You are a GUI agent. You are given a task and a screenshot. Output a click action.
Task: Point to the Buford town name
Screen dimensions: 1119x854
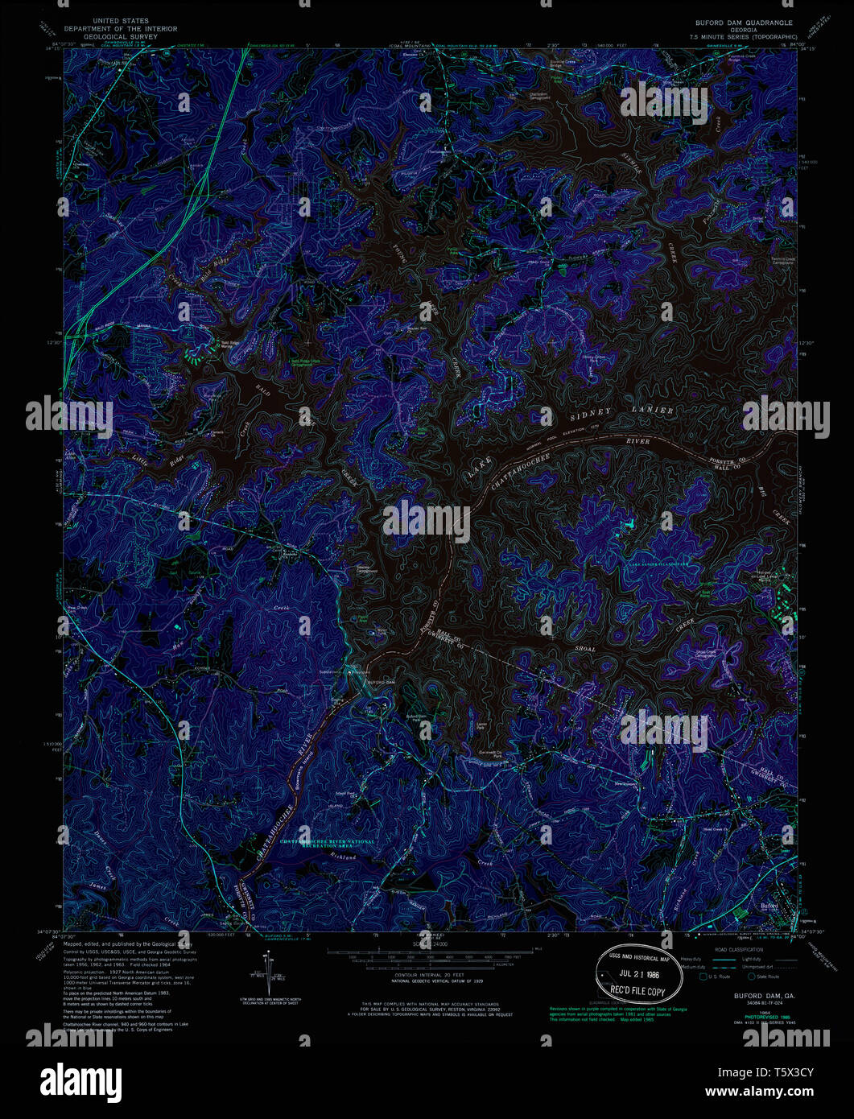770,906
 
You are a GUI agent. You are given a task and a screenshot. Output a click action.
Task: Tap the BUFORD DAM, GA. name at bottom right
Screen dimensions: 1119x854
753,995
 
